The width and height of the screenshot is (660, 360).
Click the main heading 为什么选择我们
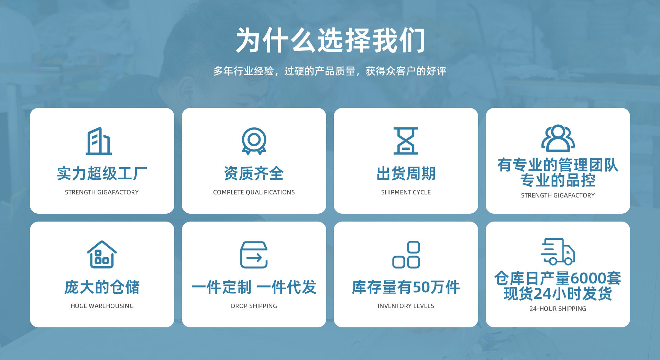click(330, 41)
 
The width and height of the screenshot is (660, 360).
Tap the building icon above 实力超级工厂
click(99, 141)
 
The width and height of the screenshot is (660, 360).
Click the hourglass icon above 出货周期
click(406, 141)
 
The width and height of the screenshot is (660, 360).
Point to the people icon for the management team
click(558, 138)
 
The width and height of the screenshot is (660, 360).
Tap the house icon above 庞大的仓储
click(102, 255)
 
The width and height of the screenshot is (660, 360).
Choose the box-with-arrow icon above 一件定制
click(254, 255)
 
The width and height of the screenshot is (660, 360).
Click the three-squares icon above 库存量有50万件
click(406, 255)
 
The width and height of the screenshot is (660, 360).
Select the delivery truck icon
click(558, 251)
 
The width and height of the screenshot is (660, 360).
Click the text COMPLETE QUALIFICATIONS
click(254, 192)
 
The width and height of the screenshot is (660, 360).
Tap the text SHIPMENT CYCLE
click(406, 192)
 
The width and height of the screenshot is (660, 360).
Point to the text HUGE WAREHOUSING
click(102, 306)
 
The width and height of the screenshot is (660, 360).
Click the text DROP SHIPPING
click(254, 306)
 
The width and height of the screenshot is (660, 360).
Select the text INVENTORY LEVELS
click(406, 306)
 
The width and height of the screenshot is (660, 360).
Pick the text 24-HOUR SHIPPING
click(558, 309)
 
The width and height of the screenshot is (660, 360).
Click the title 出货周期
click(406, 173)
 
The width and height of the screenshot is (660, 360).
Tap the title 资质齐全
click(254, 173)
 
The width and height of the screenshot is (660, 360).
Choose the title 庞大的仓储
click(102, 287)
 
